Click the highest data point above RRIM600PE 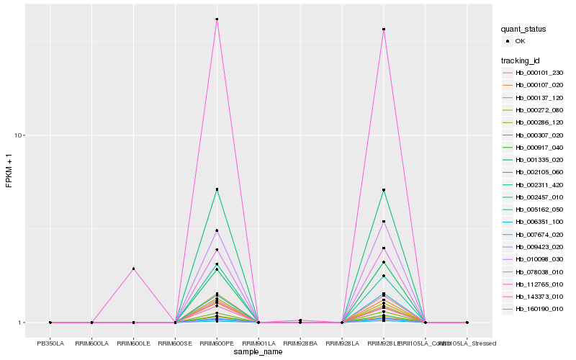pyautogui.click(x=217, y=19)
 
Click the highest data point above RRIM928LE pyautogui.click(x=384, y=30)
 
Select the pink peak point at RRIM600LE pyautogui.click(x=133, y=269)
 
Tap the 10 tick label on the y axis pyautogui.click(x=20, y=135)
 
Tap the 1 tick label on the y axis pyautogui.click(x=22, y=323)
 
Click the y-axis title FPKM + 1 pyautogui.click(x=9, y=171)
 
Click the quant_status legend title pyautogui.click(x=523, y=30)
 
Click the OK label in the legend pyautogui.click(x=521, y=41)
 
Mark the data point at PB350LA pyautogui.click(x=50, y=323)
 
